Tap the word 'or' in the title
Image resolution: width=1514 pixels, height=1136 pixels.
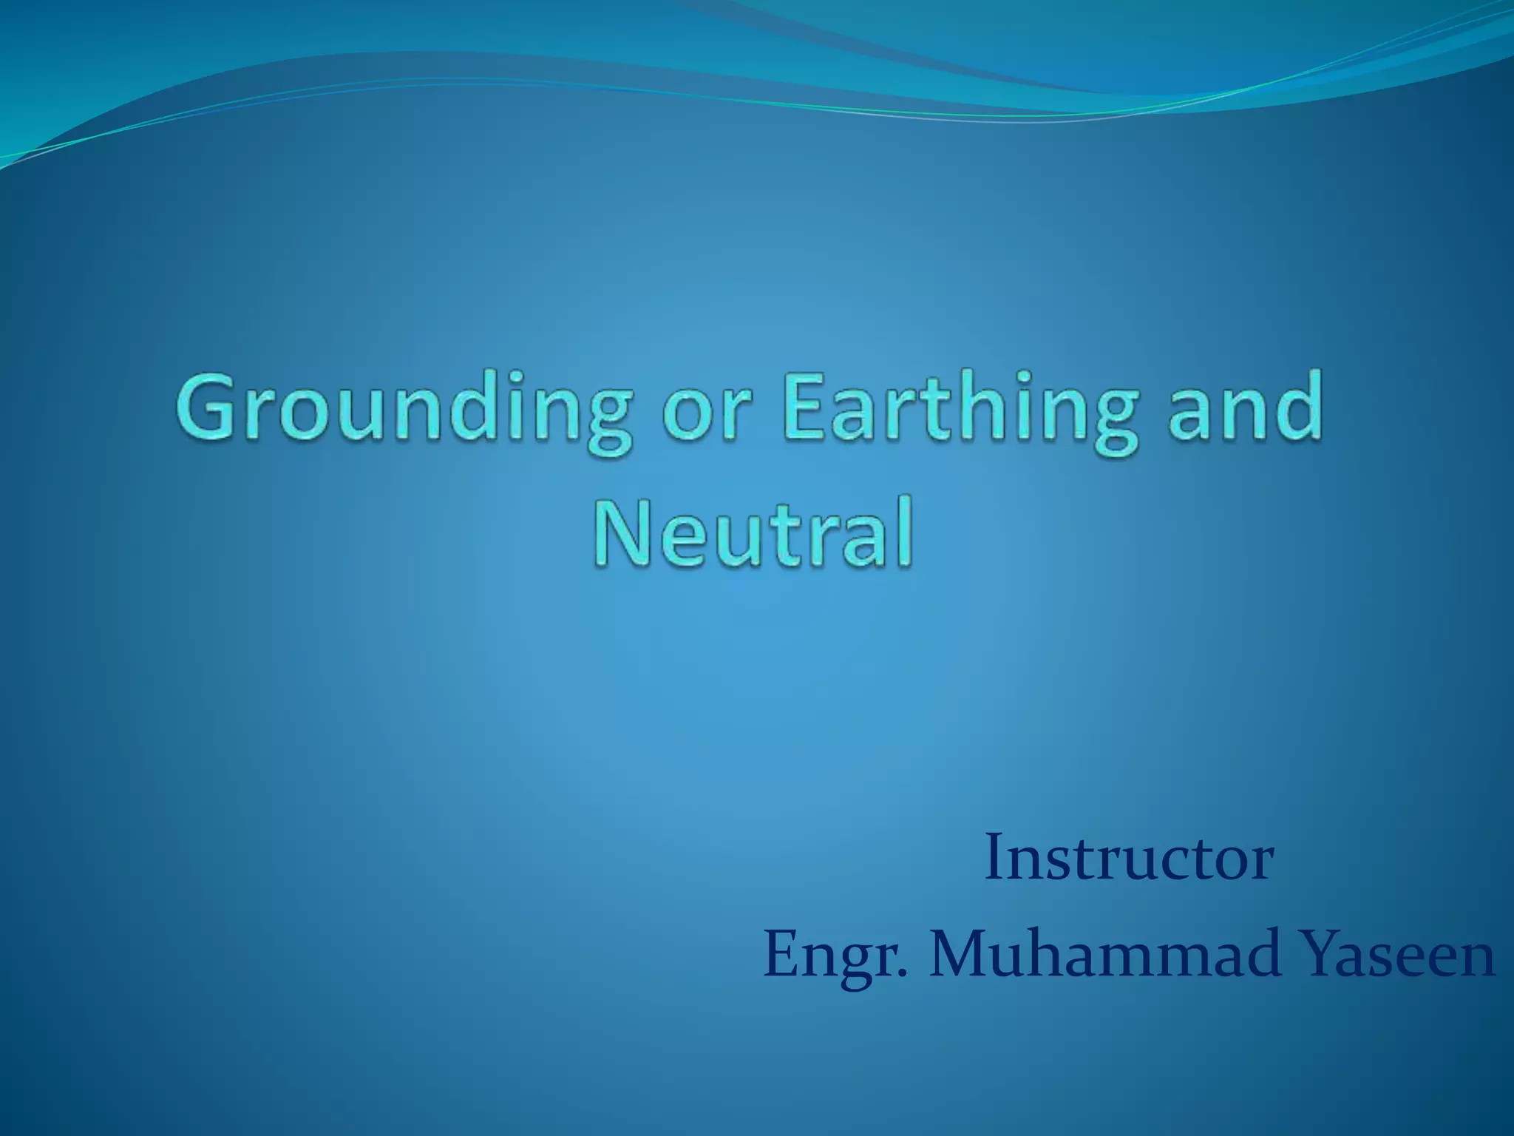click(x=707, y=414)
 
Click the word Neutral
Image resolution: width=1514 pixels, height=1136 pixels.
click(x=753, y=532)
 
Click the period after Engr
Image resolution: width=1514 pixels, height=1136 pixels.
click(x=900, y=973)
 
